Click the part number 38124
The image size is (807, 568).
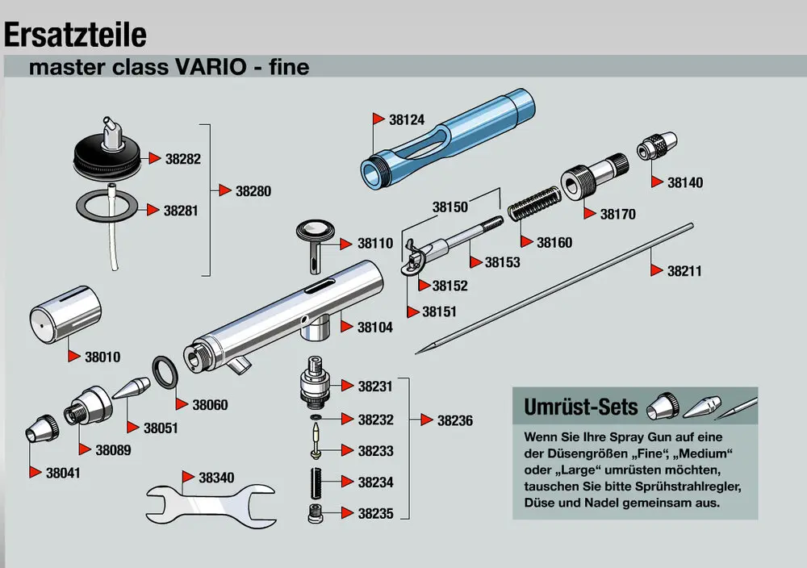click(406, 119)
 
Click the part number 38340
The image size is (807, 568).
click(216, 478)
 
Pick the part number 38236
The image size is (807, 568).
click(455, 420)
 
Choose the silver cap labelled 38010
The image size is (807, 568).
click(65, 319)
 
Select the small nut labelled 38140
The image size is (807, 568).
click(654, 150)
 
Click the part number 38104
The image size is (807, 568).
click(375, 327)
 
